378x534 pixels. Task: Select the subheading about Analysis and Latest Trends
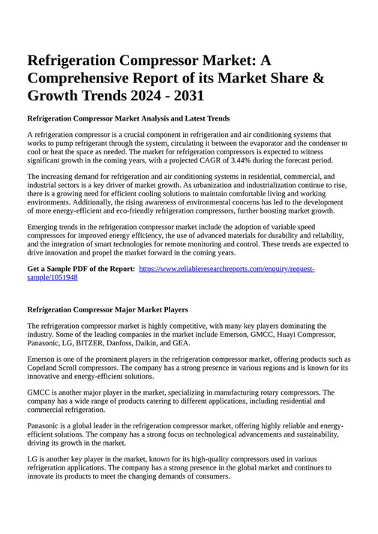click(x=128, y=118)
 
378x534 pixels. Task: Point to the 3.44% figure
click(x=235, y=160)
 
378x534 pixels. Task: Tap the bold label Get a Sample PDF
click(x=81, y=268)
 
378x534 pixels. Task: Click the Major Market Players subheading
click(x=107, y=309)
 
